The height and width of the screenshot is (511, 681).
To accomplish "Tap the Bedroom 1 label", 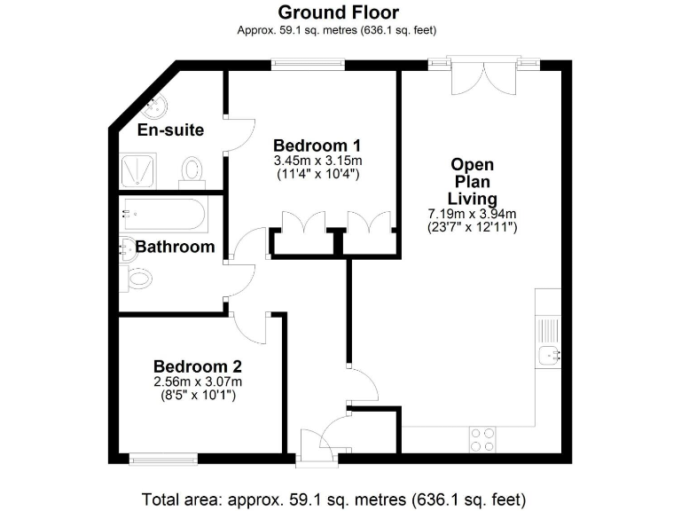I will point(317,145).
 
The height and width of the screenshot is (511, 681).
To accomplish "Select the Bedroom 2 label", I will point(197,366).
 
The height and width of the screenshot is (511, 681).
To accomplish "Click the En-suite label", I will point(171,130).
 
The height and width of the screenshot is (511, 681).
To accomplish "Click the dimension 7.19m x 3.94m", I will point(472,214).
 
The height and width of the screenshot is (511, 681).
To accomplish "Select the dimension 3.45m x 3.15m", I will point(317,161).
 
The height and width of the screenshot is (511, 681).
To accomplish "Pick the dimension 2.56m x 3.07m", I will point(197,381).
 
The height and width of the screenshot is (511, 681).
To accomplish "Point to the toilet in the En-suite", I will point(192,169).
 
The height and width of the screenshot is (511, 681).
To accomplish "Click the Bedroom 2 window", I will point(162,458).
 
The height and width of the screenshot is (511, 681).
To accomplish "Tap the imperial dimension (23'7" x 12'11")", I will point(472,228).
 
